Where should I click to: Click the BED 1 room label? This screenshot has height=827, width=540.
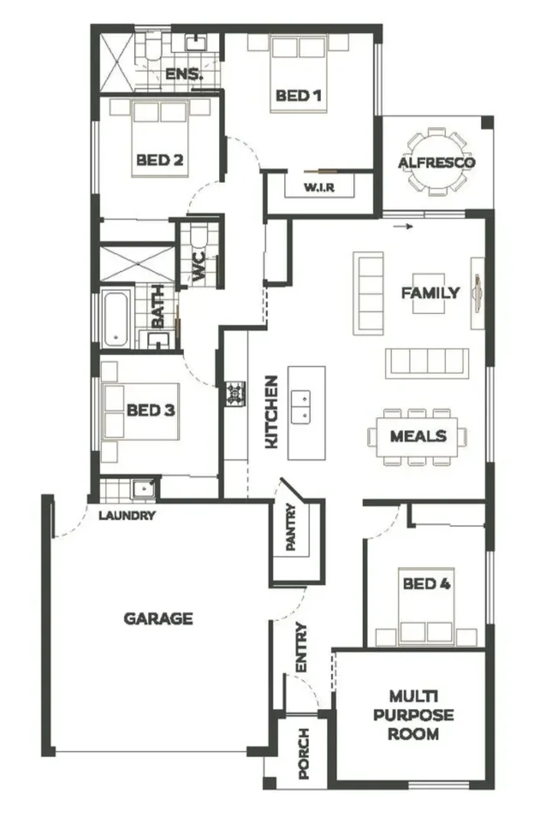click(x=297, y=96)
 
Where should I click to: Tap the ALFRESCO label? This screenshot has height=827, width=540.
click(x=437, y=162)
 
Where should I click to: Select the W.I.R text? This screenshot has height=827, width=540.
click(x=318, y=188)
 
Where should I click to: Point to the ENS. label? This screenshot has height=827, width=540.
click(x=184, y=74)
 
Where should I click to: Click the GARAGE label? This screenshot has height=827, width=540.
click(x=159, y=618)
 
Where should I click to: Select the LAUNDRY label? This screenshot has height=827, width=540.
click(x=127, y=515)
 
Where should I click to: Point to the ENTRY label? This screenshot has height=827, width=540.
click(x=300, y=648)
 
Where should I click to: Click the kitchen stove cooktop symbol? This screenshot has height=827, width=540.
click(x=234, y=394)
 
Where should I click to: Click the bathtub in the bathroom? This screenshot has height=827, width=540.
click(x=116, y=317)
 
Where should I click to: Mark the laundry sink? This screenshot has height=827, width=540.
click(x=143, y=488)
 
